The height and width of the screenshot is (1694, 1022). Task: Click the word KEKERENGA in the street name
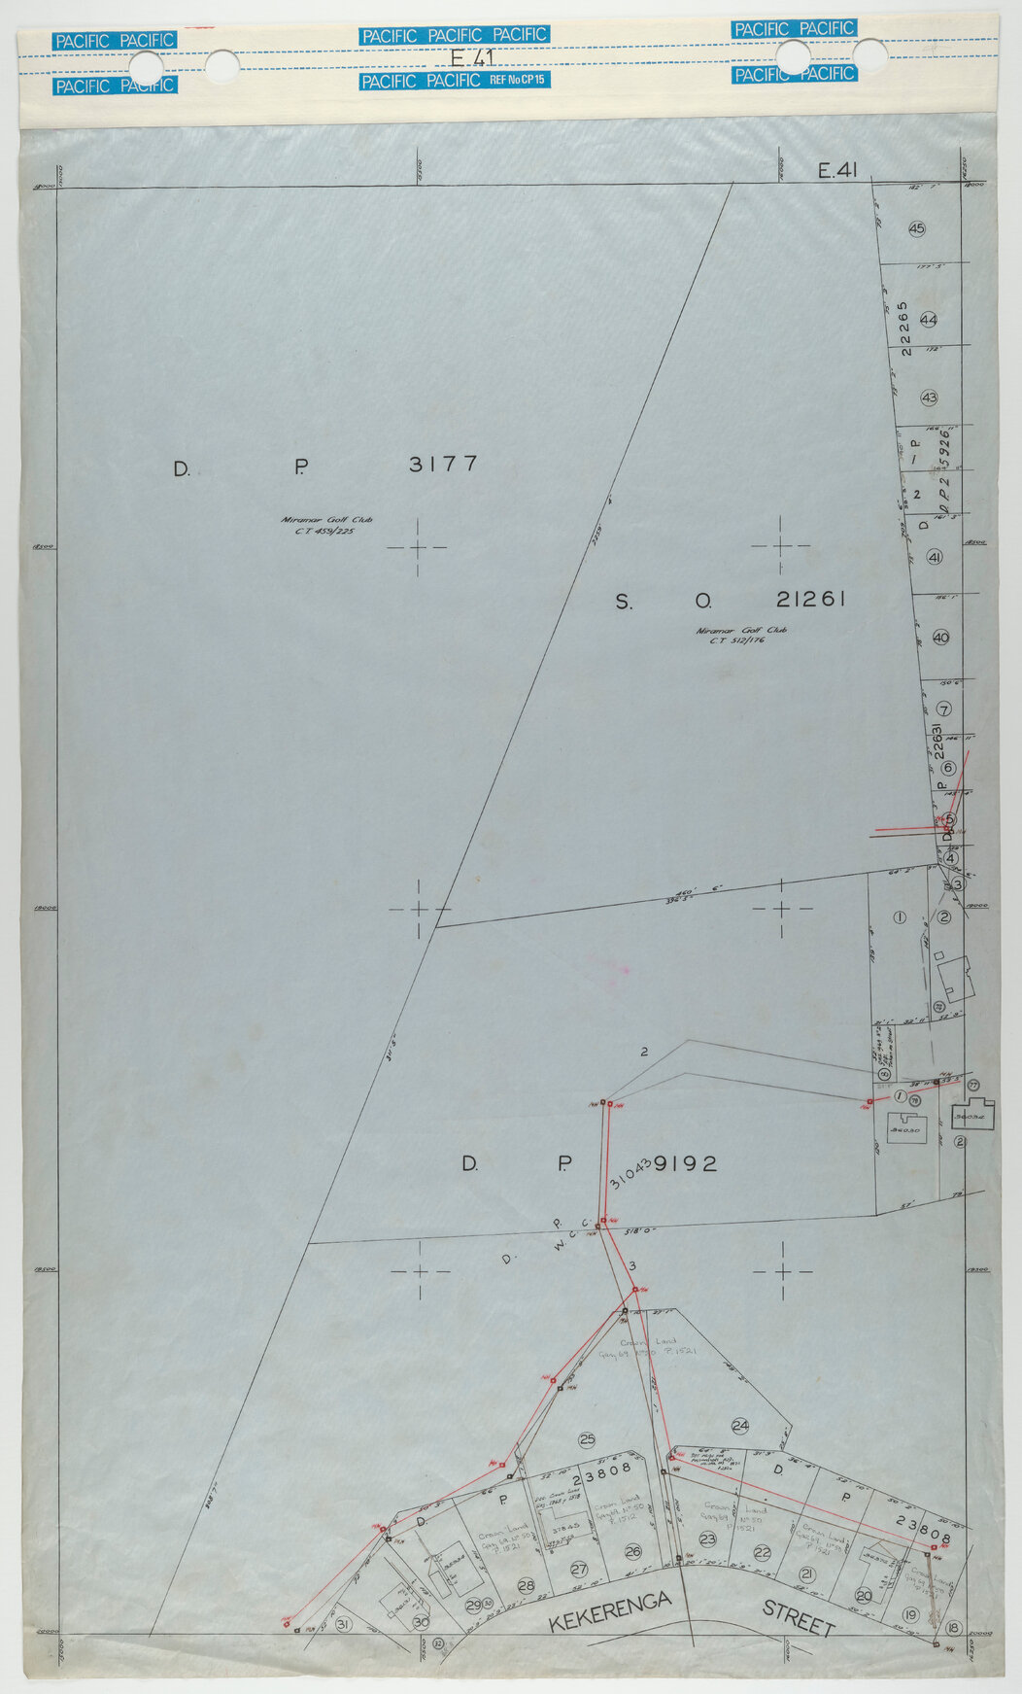(x=609, y=1613)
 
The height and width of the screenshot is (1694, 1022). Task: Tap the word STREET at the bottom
(x=798, y=1617)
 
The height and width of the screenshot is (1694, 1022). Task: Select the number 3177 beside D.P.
(x=444, y=464)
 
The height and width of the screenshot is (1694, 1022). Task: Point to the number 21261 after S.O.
(x=811, y=599)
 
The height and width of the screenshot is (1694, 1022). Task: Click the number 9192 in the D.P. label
(x=686, y=1163)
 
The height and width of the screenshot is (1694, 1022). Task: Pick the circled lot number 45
(x=916, y=228)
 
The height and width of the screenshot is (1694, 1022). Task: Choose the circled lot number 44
(x=928, y=320)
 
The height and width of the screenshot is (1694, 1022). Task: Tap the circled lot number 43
(x=928, y=398)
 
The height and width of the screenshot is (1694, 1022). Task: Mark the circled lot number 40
(x=940, y=638)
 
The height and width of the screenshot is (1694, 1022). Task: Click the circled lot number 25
(x=587, y=1439)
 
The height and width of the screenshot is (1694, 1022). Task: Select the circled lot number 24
(x=740, y=1426)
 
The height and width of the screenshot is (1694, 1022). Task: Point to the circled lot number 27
(x=579, y=1569)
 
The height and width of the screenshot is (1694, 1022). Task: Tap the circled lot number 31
(x=343, y=1625)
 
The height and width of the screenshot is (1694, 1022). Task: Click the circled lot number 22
(x=763, y=1553)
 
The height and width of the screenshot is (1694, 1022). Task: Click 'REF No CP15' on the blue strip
(x=519, y=82)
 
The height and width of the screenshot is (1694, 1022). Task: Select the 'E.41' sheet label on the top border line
(x=836, y=171)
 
